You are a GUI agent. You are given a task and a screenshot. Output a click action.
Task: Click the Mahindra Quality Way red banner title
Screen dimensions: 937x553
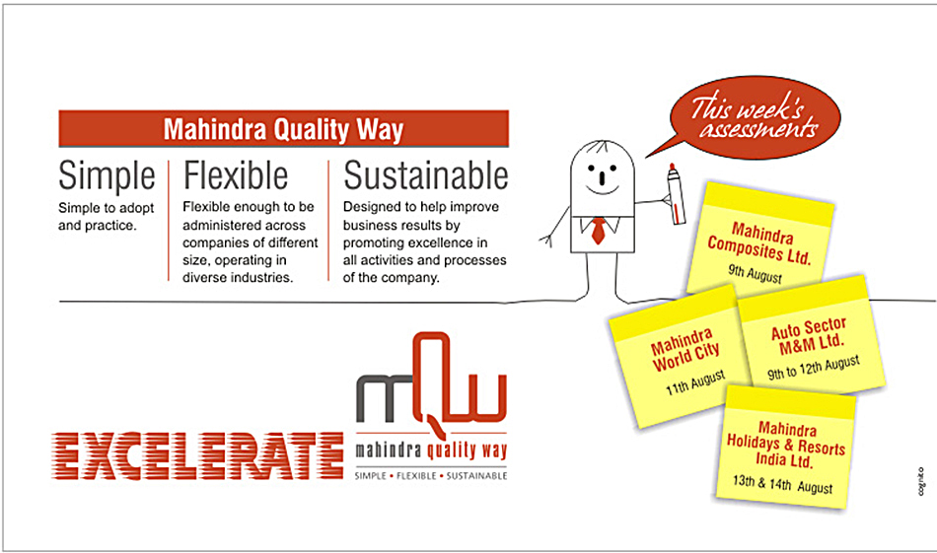tap(283, 129)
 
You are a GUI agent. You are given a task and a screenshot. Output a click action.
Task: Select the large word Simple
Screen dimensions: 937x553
tap(107, 175)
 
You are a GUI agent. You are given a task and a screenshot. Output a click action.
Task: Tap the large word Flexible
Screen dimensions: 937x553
tap(236, 175)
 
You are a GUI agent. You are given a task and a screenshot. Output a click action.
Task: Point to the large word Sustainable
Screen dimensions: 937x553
tap(425, 175)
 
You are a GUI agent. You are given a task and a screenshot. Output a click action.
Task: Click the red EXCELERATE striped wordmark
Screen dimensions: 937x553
tap(198, 455)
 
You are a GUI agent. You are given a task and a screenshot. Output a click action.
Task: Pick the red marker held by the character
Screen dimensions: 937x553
tap(676, 193)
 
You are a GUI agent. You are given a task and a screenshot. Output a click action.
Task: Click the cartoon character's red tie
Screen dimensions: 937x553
tap(598, 231)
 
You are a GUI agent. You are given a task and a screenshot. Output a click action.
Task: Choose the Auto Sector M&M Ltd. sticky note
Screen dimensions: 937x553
tap(812, 335)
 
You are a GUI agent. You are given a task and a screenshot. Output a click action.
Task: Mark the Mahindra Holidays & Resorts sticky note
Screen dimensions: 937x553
tap(786, 448)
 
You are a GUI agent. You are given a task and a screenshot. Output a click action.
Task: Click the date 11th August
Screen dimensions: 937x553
tap(695, 382)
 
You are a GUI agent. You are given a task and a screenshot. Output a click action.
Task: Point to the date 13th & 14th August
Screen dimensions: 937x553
tap(782, 484)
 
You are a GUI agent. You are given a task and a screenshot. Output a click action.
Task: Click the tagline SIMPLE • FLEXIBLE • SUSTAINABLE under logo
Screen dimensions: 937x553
tap(431, 476)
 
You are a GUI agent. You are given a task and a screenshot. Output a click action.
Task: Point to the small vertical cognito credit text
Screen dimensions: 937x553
tap(921, 481)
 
